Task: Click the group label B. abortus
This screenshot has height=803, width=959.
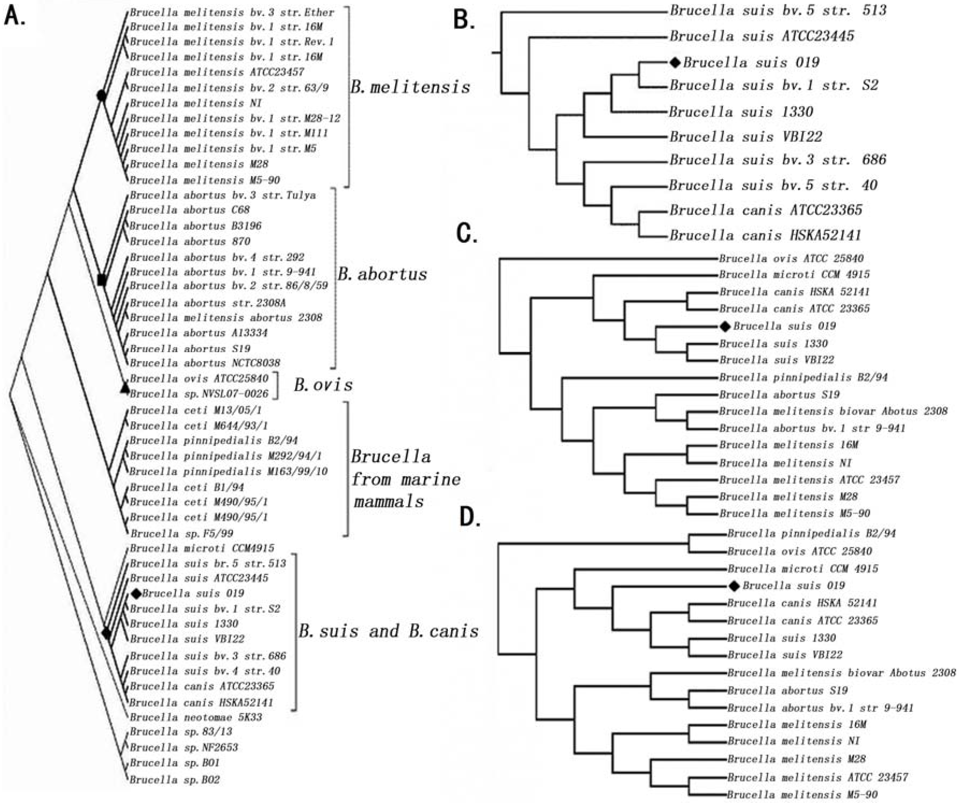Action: coord(382,274)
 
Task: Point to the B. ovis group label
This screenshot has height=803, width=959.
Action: coord(323,385)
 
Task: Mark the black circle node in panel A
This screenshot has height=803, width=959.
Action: coord(101,96)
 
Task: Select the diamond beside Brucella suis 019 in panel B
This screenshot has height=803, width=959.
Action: coord(675,63)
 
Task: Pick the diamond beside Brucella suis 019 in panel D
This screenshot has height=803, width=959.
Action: coord(734,586)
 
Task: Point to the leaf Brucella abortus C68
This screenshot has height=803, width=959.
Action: coord(189,210)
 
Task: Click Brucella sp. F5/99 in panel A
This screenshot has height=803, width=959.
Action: coord(181,533)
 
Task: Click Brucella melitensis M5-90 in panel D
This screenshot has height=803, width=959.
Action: coord(802,795)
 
